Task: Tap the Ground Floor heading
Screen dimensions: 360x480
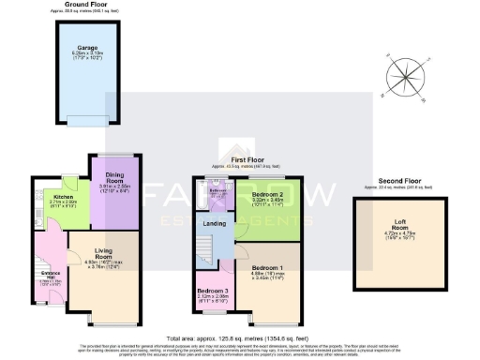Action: [x=86, y=6]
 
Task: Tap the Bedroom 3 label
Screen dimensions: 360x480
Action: [x=214, y=291]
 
